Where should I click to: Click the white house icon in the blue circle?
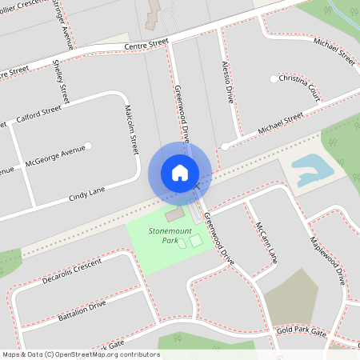point(179,172)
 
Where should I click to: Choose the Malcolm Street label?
point(132,130)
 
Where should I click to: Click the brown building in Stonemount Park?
point(174,215)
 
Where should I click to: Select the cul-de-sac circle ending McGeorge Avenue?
point(88,146)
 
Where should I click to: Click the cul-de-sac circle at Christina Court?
point(274,79)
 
